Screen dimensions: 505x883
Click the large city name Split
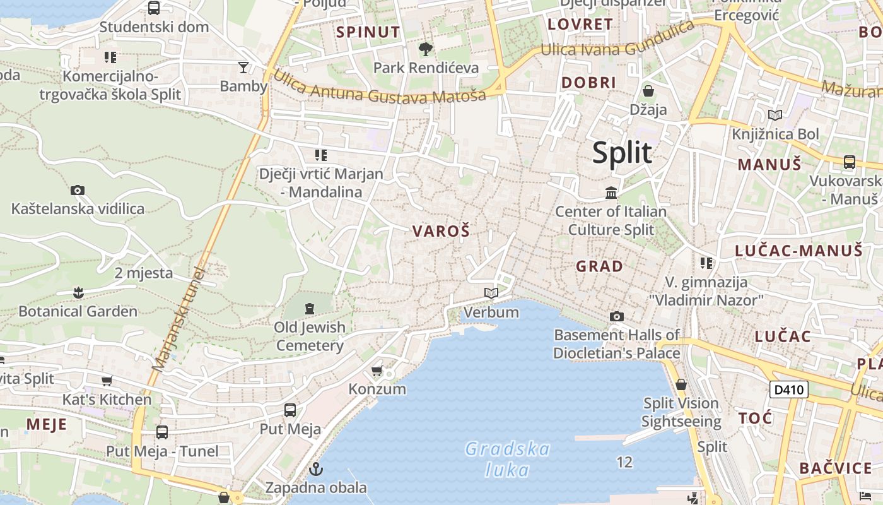[x=622, y=153]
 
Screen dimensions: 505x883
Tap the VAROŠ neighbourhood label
[x=441, y=232]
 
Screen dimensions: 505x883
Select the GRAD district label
[x=599, y=266]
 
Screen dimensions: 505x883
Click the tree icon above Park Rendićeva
[x=426, y=49]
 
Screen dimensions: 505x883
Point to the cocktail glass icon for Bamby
[x=243, y=68]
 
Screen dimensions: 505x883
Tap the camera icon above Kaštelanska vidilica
[x=78, y=190]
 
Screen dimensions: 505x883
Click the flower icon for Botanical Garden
[x=78, y=293]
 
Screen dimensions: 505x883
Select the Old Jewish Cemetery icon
[x=310, y=309]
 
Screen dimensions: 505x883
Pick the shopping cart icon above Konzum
[x=377, y=371]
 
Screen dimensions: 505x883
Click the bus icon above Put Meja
[x=290, y=410]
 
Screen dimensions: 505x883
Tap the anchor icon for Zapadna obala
[x=316, y=469]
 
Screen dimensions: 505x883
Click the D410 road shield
[x=788, y=389]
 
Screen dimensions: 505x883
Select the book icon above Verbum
[x=491, y=294]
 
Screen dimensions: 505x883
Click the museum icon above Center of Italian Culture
[x=611, y=193]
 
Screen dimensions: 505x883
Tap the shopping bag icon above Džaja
[x=648, y=91]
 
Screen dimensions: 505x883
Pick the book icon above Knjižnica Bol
[x=775, y=115]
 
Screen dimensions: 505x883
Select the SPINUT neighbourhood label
[x=368, y=32]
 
